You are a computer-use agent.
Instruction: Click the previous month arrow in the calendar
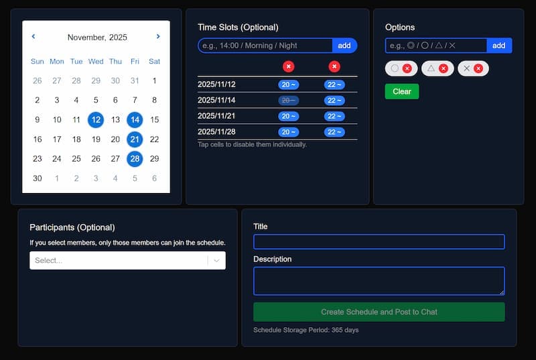[33, 37]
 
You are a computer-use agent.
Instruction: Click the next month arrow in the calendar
[158, 37]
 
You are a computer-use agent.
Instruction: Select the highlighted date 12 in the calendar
[96, 120]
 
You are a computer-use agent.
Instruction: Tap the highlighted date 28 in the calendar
[135, 159]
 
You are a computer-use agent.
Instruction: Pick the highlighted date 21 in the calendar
[135, 139]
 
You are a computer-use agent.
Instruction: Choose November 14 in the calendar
[135, 120]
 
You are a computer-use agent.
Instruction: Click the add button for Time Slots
[344, 46]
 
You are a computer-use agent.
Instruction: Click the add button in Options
[498, 46]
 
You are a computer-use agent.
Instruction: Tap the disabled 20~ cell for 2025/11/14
[289, 101]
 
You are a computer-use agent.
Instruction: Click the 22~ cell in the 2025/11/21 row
[334, 116]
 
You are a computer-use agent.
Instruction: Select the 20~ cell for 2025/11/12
[289, 84]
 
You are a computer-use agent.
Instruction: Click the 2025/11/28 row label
[216, 132]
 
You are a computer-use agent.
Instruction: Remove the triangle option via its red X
[443, 68]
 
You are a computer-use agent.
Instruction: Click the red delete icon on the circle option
[407, 68]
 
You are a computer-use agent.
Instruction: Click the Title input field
[379, 242]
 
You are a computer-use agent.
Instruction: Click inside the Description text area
[379, 280]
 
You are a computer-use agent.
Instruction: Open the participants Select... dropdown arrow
[216, 261]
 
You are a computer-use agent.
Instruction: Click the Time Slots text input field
[265, 46]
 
